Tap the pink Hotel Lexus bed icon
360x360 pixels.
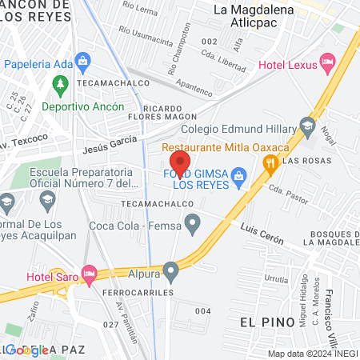326,61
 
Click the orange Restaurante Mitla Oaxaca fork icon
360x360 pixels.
271,164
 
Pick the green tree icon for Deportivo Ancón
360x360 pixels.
59,83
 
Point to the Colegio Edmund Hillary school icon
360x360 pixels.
307,126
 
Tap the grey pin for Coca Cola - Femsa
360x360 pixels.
192,226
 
